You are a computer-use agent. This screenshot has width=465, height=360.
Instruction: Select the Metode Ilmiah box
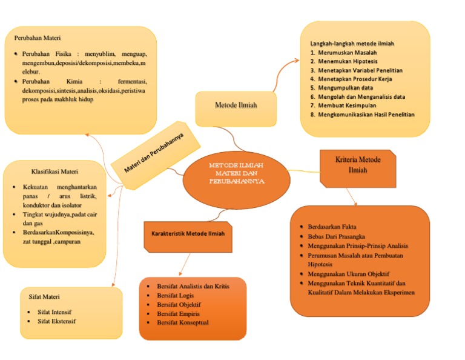236,105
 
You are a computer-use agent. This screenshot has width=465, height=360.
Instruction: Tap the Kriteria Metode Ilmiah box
358,165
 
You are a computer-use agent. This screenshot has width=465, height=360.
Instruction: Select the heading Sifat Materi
44,297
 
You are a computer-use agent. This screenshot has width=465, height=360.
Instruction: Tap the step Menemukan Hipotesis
349,61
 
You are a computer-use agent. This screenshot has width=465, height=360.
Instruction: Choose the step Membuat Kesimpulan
348,105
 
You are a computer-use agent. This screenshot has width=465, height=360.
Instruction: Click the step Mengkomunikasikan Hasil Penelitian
366,115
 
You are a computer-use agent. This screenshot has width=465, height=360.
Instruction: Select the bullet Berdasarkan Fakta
332,227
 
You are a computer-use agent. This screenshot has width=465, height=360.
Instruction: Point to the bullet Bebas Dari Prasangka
336,236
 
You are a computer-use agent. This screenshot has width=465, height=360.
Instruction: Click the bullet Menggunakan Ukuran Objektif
348,273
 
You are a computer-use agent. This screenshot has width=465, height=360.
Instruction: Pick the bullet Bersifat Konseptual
182,322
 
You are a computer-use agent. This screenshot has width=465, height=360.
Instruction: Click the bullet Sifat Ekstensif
57,321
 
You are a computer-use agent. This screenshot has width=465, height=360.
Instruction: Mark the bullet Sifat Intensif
54,312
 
